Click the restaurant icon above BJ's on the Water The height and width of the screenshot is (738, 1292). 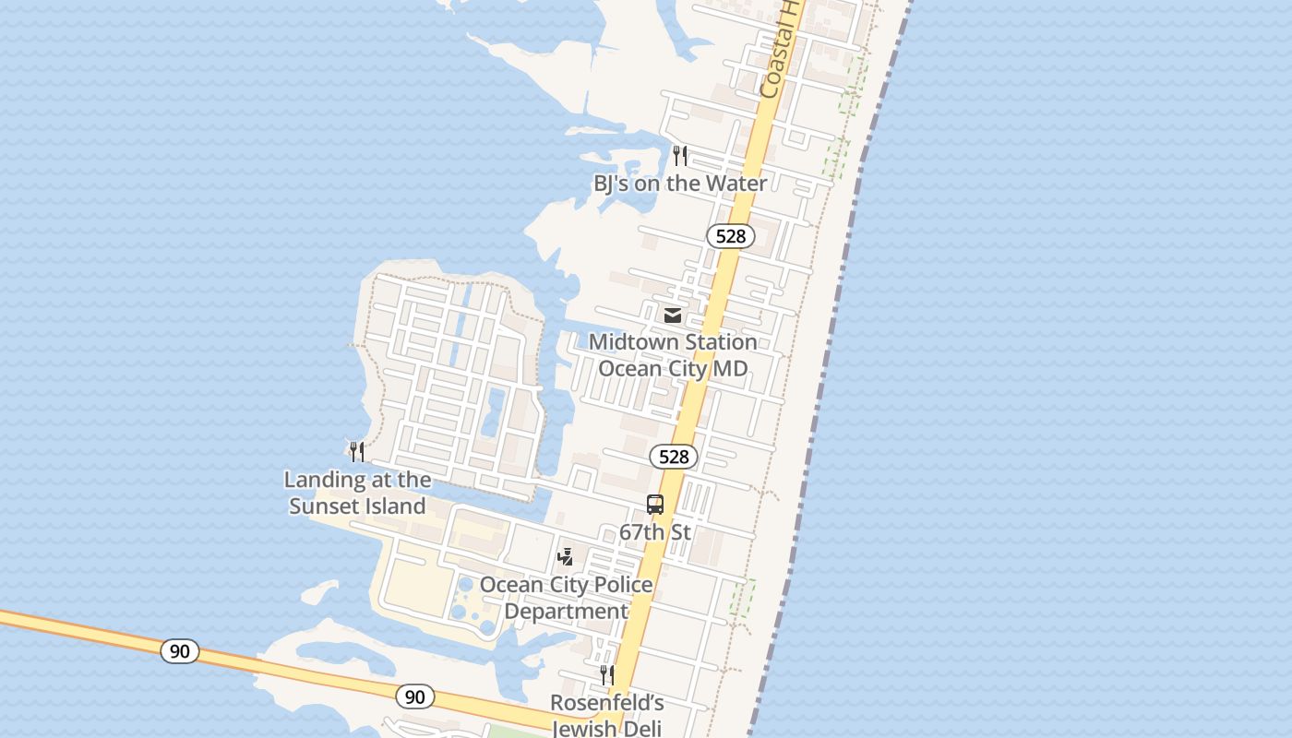pyautogui.click(x=680, y=155)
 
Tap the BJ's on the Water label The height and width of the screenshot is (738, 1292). pyautogui.click(x=680, y=184)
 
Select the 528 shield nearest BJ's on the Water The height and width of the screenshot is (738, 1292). pyautogui.click(x=730, y=236)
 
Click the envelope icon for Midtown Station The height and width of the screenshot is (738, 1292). pyautogui.click(x=673, y=315)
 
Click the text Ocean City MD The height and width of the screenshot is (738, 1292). pyautogui.click(x=673, y=369)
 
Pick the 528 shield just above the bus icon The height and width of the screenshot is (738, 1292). pyautogui.click(x=674, y=457)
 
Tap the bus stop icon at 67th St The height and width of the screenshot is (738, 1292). pyautogui.click(x=655, y=505)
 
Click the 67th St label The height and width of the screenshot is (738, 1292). pyautogui.click(x=655, y=532)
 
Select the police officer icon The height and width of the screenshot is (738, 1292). pyautogui.click(x=566, y=557)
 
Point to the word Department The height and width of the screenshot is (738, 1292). pyautogui.click(x=566, y=612)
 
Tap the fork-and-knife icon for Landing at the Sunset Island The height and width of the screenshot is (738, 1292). pyautogui.click(x=357, y=451)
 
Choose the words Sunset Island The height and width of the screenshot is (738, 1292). pyautogui.click(x=357, y=506)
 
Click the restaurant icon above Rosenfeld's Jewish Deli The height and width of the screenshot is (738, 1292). pyautogui.click(x=606, y=675)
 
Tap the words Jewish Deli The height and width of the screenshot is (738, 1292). pyautogui.click(x=606, y=728)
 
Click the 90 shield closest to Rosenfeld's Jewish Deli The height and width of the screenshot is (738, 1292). pyautogui.click(x=415, y=696)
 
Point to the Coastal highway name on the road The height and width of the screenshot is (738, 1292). pyautogui.click(x=778, y=51)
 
